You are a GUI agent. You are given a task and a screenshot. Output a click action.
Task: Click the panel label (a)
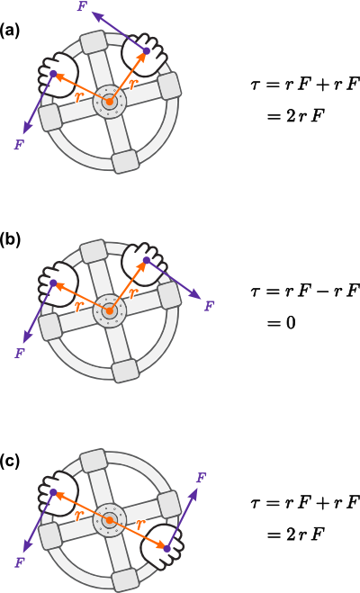click(10, 31)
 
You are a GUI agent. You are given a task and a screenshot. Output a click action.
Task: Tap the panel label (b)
click(10, 239)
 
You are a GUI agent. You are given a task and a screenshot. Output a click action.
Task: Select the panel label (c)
click(10, 461)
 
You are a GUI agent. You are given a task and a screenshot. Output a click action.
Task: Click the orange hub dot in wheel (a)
click(110, 102)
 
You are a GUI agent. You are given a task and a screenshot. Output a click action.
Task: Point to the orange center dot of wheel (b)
click(110, 311)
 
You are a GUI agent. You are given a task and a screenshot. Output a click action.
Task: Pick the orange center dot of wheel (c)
click(110, 520)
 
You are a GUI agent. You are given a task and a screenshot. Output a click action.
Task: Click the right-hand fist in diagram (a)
click(145, 53)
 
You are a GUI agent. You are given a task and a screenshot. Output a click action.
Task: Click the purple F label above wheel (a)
click(83, 7)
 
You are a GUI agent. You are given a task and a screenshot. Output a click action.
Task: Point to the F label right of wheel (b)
click(209, 306)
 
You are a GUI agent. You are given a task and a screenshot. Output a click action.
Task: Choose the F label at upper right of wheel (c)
click(202, 478)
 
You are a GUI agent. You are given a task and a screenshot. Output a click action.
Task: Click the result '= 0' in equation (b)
click(281, 323)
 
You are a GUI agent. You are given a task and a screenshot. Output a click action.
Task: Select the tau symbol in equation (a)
click(256, 84)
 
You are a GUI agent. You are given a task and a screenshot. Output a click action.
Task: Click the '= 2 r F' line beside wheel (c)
click(296, 535)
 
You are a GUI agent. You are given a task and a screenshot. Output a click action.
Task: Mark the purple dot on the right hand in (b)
click(147, 260)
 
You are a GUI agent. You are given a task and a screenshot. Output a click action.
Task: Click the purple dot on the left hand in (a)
click(53, 74)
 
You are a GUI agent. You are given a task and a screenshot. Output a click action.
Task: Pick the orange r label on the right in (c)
click(140, 525)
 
